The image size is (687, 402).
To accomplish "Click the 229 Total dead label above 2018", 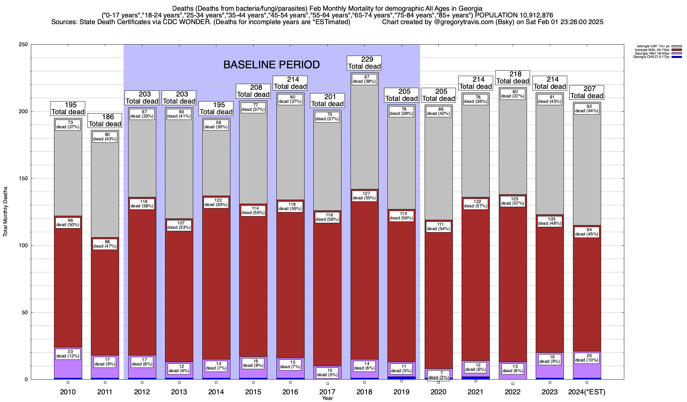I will click(x=364, y=63).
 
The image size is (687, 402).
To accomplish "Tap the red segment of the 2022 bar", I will click(x=513, y=285).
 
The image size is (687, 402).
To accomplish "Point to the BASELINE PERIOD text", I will click(x=271, y=65).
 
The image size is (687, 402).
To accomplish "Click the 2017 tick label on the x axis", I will click(x=327, y=392).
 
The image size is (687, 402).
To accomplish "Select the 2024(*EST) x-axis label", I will click(x=587, y=392).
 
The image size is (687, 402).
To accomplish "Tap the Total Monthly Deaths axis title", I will click(x=5, y=212).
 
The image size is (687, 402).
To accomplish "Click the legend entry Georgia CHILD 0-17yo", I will click(x=651, y=57).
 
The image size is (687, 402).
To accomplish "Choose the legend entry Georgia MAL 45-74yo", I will click(x=651, y=50).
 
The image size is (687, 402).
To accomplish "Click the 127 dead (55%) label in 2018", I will click(x=364, y=196).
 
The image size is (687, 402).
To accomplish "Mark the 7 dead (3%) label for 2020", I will click(x=438, y=375).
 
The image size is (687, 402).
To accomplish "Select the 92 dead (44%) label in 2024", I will click(x=587, y=109).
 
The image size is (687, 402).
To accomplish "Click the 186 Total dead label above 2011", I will click(x=105, y=121).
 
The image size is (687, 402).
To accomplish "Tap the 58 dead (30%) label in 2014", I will click(x=216, y=125).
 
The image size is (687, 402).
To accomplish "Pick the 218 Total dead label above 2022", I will click(x=513, y=78).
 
